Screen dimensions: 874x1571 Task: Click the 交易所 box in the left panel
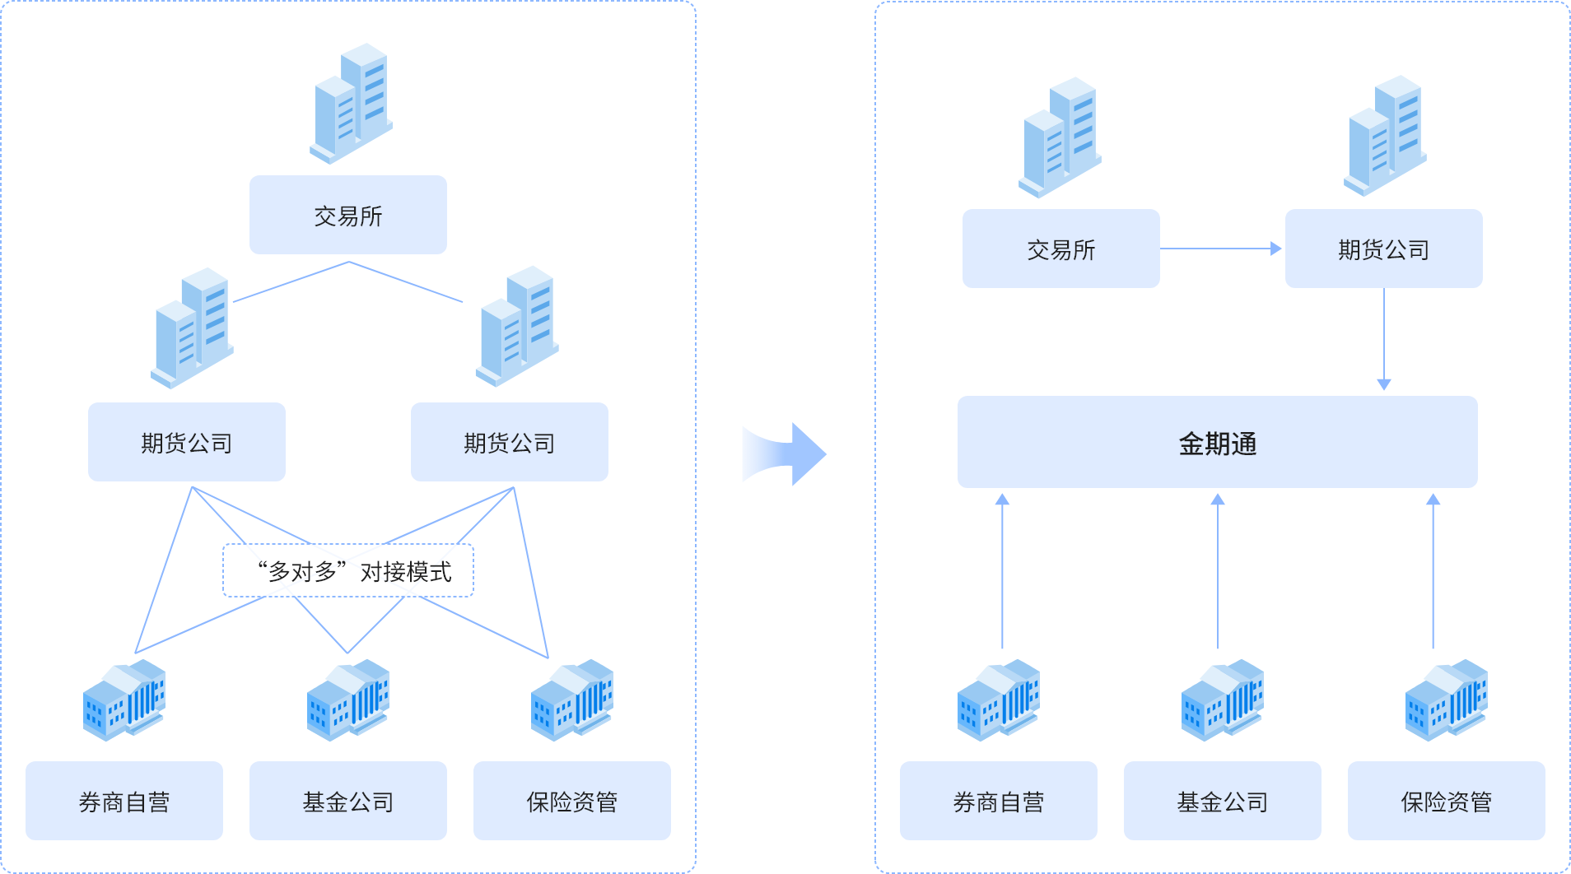coord(347,215)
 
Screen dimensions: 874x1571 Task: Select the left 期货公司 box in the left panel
coord(186,442)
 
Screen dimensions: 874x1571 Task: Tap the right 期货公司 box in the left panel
coord(509,442)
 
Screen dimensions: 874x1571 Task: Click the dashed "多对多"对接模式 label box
coord(347,570)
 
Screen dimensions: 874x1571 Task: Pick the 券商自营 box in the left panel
coord(124,801)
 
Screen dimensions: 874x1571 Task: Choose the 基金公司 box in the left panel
coord(347,801)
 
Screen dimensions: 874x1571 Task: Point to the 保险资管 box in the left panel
coord(571,801)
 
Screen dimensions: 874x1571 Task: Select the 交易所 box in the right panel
coord(1061,249)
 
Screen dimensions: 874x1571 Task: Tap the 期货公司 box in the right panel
coord(1383,249)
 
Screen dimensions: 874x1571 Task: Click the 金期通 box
coord(1217,443)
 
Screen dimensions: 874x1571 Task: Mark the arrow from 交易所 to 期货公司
coord(1221,249)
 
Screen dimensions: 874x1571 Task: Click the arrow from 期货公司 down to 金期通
coord(1384,337)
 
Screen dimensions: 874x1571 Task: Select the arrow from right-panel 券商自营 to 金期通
coord(1002,571)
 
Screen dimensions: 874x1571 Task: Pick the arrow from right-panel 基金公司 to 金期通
coord(1218,571)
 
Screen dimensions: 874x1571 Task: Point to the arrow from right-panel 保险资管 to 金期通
coord(1433,571)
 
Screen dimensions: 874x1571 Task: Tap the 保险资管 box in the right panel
coord(1446,801)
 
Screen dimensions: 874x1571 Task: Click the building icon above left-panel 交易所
coord(352,104)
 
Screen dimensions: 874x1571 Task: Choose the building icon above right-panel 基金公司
coord(1222,700)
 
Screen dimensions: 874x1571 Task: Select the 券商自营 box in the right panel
coord(998,801)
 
